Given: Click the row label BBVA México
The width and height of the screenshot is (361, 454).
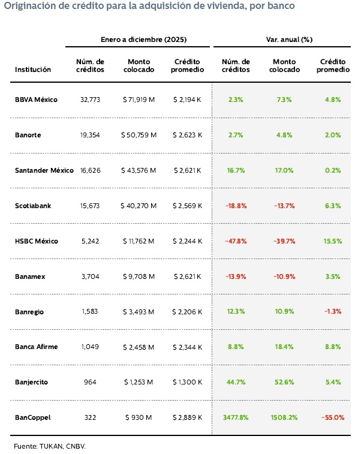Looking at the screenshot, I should pyautogui.click(x=36, y=100).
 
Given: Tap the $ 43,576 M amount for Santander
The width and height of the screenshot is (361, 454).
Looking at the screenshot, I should pyautogui.click(x=139, y=170).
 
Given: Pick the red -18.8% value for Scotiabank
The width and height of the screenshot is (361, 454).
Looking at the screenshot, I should pyautogui.click(x=235, y=206).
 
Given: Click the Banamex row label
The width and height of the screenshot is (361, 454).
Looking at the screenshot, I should pyautogui.click(x=30, y=276).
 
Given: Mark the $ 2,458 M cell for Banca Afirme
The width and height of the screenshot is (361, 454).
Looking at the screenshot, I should pyautogui.click(x=139, y=347).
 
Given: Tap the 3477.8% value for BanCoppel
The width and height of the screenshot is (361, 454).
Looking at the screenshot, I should pyautogui.click(x=235, y=417).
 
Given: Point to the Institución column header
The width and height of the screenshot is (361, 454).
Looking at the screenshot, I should pyautogui.click(x=33, y=70).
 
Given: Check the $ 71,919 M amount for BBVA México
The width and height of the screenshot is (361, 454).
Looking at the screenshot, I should pyautogui.click(x=139, y=100).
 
